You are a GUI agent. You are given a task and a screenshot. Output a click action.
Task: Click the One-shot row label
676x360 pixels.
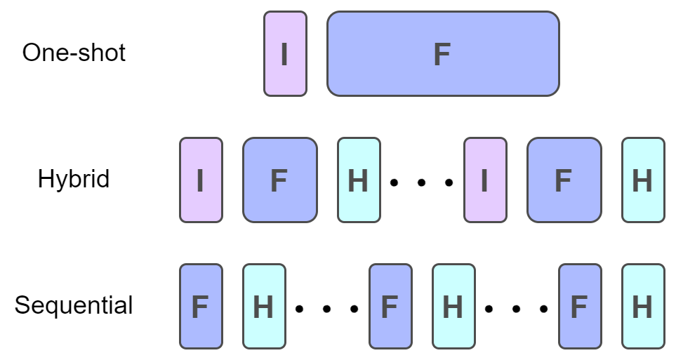click(x=74, y=53)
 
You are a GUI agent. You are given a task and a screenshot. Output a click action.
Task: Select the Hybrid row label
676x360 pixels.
click(x=74, y=180)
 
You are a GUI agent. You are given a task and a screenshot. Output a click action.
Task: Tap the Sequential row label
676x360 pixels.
click(x=74, y=306)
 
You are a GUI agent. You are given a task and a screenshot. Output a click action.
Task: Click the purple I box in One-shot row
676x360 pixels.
click(x=285, y=53)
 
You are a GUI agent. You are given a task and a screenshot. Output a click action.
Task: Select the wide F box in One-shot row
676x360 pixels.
click(x=443, y=53)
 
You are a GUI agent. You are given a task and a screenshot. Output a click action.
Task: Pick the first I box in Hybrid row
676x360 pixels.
click(x=201, y=180)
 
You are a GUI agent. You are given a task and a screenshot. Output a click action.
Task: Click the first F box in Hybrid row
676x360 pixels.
click(x=279, y=180)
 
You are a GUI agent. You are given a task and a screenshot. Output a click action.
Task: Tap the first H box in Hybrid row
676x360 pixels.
click(x=359, y=180)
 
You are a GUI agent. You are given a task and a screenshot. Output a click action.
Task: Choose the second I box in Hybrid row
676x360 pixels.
click(x=485, y=180)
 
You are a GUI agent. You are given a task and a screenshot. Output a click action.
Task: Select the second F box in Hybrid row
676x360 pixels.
click(x=564, y=180)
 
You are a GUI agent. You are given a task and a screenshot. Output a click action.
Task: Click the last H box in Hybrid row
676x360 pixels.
click(x=643, y=180)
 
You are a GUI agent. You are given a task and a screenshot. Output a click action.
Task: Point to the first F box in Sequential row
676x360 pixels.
click(x=201, y=307)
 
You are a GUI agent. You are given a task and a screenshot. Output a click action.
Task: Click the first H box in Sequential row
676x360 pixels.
click(x=264, y=307)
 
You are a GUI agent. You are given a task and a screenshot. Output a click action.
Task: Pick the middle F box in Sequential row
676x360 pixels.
click(x=390, y=307)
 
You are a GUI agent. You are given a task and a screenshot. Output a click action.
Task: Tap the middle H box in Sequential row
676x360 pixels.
click(x=453, y=307)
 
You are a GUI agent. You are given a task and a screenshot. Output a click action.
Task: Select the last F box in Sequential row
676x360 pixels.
click(x=580, y=307)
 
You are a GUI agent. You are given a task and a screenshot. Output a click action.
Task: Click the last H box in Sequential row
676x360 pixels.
click(x=643, y=307)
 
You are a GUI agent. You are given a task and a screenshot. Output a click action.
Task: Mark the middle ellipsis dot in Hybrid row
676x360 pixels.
click(x=422, y=182)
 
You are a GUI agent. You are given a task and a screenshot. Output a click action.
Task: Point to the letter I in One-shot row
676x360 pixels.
click(x=284, y=54)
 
